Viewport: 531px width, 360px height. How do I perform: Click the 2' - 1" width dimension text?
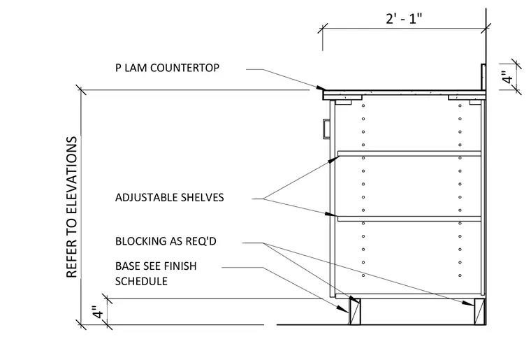404,18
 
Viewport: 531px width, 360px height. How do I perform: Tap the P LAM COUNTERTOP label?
167,68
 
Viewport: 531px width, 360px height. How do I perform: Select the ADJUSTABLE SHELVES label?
169,197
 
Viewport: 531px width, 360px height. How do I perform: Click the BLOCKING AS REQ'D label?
166,241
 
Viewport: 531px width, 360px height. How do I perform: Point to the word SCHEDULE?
141,281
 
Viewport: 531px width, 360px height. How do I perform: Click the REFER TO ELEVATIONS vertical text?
72,207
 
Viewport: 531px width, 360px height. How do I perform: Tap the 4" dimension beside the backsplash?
507,78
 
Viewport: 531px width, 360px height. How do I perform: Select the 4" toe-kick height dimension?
98,312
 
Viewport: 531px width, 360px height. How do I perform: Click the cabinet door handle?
326,129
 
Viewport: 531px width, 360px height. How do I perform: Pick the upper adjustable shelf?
409,153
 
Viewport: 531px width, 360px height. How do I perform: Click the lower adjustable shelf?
409,219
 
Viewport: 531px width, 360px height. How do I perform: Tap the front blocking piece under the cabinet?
355,311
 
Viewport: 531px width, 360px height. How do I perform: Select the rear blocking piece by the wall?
479,311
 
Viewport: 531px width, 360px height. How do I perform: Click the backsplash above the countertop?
483,77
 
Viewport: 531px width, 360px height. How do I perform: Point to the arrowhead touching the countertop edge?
321,88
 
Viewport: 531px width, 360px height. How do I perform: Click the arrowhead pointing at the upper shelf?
333,159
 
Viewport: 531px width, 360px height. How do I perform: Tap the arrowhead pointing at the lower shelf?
331,215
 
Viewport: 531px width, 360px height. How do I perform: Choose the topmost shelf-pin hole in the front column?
363,106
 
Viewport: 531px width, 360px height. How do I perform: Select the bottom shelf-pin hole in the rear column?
460,275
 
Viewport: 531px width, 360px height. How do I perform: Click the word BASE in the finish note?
126,266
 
